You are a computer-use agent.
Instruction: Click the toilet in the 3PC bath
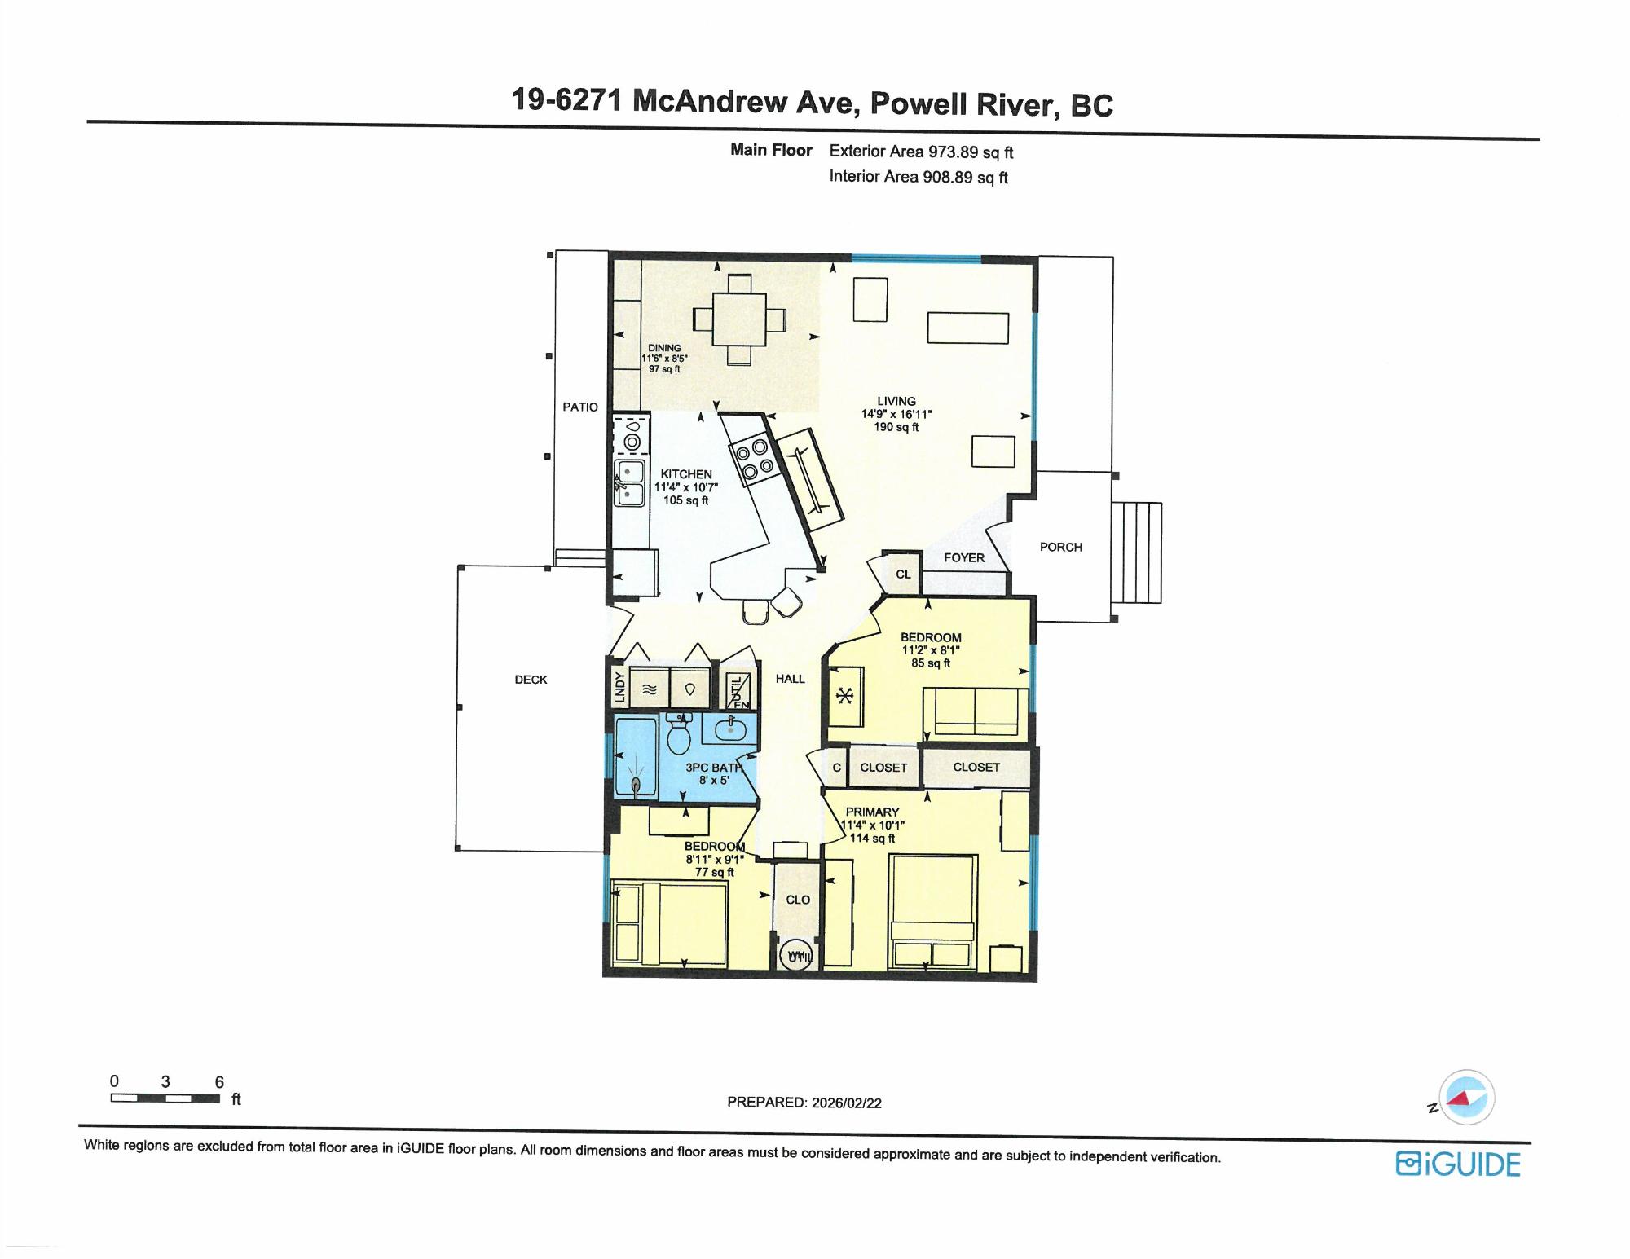pos(678,733)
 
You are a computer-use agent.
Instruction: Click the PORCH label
pos(1060,547)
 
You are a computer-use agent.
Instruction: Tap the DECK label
pos(531,679)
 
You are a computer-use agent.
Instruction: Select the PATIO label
pos(580,407)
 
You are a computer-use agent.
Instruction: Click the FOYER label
pos(964,557)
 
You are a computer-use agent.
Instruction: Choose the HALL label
pos(790,678)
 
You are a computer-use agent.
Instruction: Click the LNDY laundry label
pos(619,687)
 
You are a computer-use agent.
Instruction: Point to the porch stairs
pos(1137,552)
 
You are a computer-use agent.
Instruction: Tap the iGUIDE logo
pos(1458,1164)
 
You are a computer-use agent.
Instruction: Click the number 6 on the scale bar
pos(219,1082)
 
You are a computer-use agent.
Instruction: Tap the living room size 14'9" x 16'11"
pos(896,414)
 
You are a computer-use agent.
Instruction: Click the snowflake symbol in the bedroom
pos(846,696)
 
